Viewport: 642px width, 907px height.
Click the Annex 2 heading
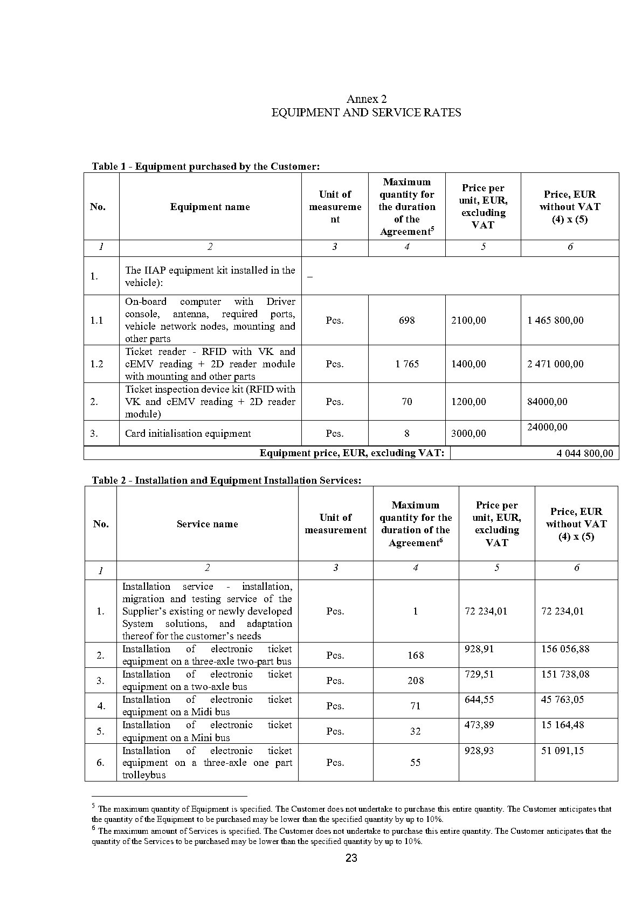coord(366,99)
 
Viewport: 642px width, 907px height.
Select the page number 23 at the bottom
coord(351,858)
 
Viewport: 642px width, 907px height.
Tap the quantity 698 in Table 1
coord(406,320)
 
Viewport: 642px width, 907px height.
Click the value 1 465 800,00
coord(555,320)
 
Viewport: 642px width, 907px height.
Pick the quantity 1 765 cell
coord(406,364)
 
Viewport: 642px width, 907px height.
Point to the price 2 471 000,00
coord(555,364)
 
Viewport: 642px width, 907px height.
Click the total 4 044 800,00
coord(584,453)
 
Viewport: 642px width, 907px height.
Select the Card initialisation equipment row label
coord(188,434)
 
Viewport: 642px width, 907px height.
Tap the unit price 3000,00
coord(468,434)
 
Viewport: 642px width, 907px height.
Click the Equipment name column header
coord(210,207)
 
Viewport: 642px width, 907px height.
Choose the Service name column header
coord(207,524)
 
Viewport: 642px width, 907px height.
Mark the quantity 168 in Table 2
coord(416,655)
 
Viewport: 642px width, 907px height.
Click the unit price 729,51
coord(479,674)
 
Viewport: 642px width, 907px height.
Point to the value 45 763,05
coord(562,700)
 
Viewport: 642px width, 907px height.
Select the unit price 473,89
coord(479,725)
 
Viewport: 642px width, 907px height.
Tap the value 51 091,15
coord(562,751)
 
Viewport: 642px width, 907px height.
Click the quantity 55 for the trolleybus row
coord(416,763)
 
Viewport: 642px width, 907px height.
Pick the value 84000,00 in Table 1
coord(547,402)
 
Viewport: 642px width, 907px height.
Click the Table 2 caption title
coord(226,480)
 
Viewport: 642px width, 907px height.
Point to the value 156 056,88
coord(565,649)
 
